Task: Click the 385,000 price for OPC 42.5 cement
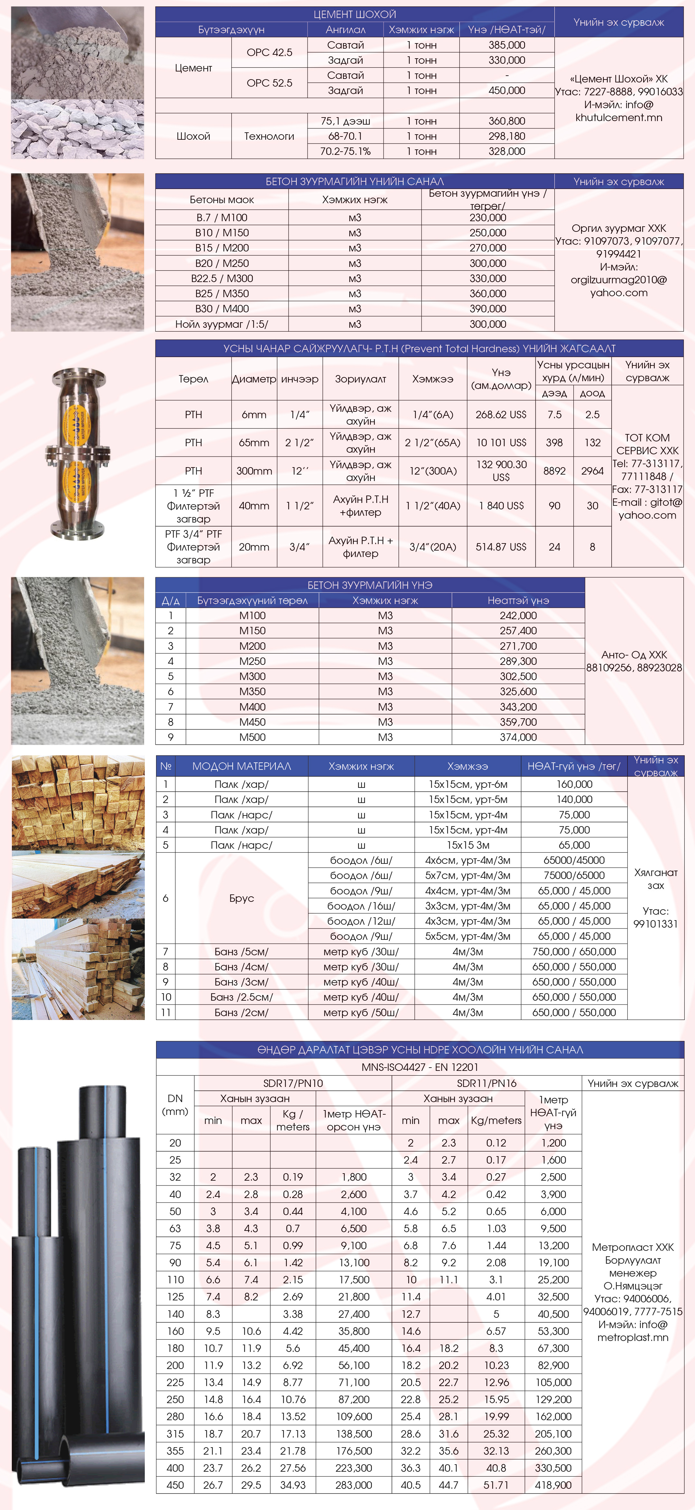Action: (506, 45)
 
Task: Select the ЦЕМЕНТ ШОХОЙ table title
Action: (355, 14)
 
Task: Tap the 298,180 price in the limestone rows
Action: (506, 136)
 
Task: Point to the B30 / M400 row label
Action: (222, 309)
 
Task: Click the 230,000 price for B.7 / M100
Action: (487, 217)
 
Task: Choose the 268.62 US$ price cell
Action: (501, 414)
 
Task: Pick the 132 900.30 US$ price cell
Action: (501, 471)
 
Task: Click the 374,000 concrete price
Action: (518, 737)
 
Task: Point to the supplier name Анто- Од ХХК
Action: (634, 655)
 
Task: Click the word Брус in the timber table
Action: (241, 898)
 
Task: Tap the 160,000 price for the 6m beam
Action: (574, 784)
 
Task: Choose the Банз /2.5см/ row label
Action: (241, 997)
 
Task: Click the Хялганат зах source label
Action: (656, 879)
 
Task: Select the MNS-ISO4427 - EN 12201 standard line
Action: (420, 1067)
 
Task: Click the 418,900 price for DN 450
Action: (553, 1485)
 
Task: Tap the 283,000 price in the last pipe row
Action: (354, 1485)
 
